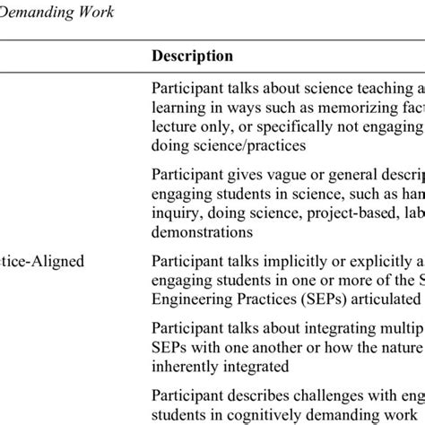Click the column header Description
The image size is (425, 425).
[x=192, y=56]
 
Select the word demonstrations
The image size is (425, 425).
[x=202, y=230]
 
